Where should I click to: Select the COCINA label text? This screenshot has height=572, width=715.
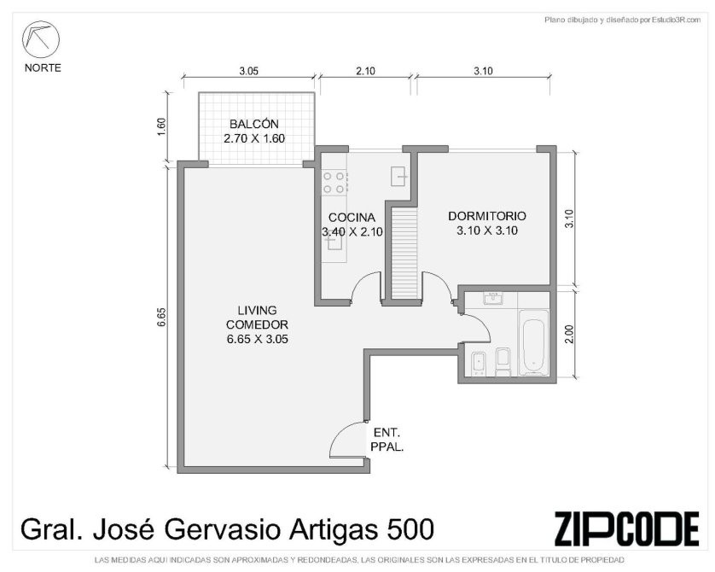[352, 218]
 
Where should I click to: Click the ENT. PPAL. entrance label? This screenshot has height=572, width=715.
[387, 440]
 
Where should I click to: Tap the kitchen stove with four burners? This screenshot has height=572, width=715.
[334, 182]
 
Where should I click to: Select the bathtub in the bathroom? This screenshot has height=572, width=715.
[534, 342]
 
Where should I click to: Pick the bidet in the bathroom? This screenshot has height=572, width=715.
[478, 364]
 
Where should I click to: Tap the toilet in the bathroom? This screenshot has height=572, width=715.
[503, 363]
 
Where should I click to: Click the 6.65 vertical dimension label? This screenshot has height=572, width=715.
[161, 317]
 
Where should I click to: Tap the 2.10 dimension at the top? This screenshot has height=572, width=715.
[365, 71]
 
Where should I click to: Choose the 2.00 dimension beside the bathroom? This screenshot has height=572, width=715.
[568, 334]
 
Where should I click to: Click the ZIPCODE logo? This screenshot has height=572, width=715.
[626, 529]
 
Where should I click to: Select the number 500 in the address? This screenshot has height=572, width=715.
[410, 530]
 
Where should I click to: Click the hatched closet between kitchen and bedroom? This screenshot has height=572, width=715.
[404, 254]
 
